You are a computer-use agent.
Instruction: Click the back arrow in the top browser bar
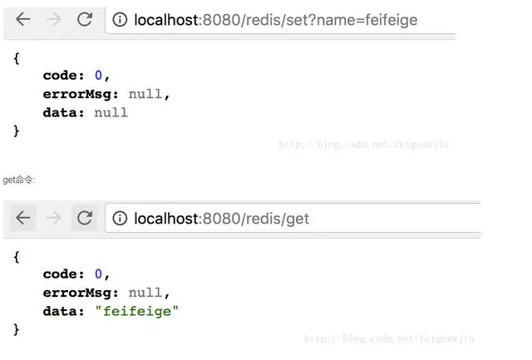click(x=22, y=19)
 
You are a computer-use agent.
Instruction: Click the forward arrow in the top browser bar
click(x=53, y=19)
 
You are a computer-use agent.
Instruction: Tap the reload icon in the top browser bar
click(x=84, y=19)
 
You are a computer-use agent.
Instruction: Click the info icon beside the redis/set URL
click(x=120, y=19)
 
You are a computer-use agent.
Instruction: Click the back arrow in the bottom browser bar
click(x=22, y=218)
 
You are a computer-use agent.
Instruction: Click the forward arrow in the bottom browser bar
click(x=53, y=218)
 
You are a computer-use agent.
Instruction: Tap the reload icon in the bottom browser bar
click(x=84, y=218)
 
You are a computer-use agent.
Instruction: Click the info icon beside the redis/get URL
click(x=120, y=218)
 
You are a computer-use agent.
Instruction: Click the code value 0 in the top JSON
click(x=98, y=75)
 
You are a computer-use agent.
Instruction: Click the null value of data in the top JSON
click(x=111, y=112)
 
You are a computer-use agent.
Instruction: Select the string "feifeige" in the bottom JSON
click(x=136, y=311)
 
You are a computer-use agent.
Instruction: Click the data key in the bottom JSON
click(x=62, y=311)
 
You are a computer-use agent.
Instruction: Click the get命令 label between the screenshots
click(x=18, y=180)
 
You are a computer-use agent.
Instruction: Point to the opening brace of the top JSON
click(x=17, y=57)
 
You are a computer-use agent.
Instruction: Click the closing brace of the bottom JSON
click(x=17, y=329)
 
